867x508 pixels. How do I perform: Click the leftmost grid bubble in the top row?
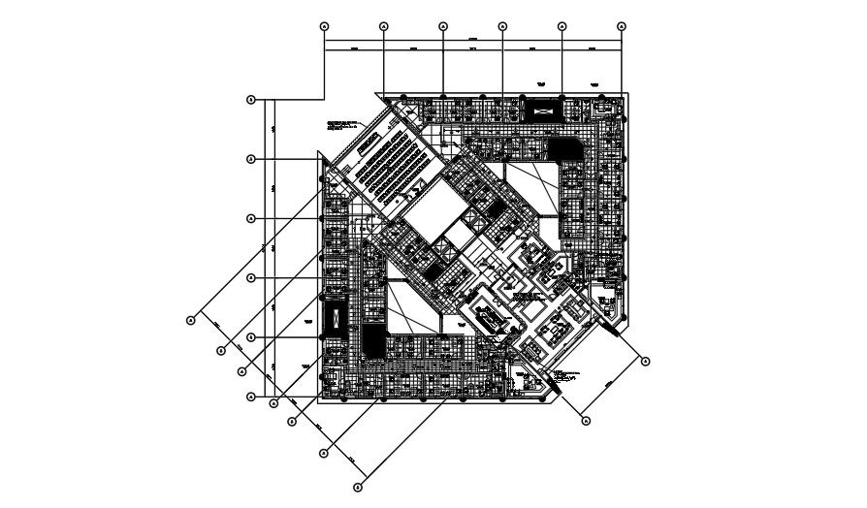point(324,26)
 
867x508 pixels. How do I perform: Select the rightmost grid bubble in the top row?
point(622,26)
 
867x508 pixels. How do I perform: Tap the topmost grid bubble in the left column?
point(251,99)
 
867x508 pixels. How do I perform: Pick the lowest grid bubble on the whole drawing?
point(358,486)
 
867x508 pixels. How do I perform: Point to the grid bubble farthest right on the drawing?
point(646,361)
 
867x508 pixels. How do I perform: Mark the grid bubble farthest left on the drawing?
point(192,318)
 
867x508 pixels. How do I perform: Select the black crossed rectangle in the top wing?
point(541,109)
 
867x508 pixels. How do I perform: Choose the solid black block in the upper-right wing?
point(561,148)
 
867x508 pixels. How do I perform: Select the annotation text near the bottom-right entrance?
point(565,373)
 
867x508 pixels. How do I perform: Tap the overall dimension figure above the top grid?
point(473,40)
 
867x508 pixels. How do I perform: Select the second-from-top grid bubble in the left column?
point(251,158)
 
